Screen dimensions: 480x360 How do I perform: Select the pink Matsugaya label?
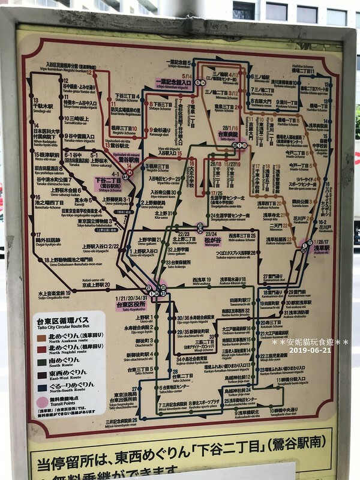pyautogui.click(x=214, y=241)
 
